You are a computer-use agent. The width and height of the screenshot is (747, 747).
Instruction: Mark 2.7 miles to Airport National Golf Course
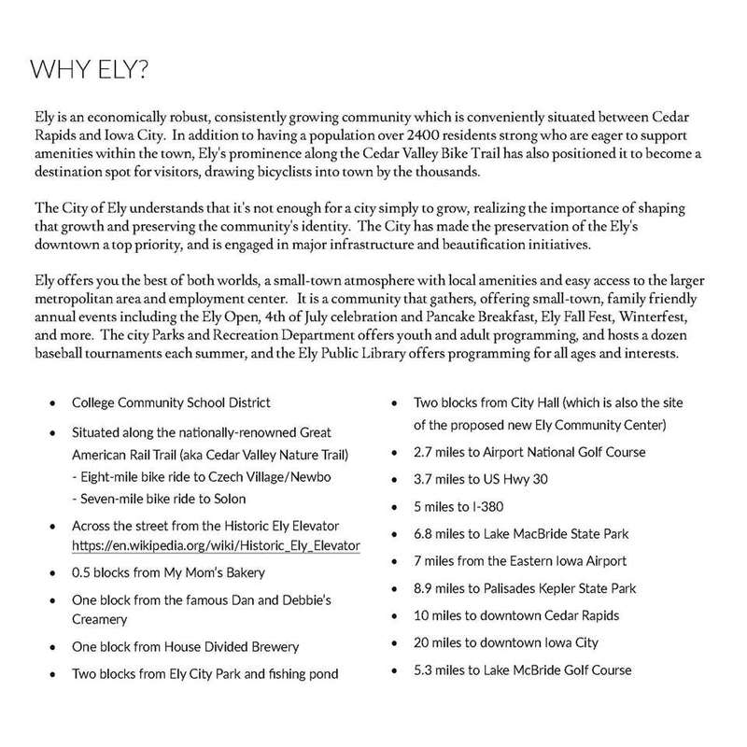click(x=529, y=452)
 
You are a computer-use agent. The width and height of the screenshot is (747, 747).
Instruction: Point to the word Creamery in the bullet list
click(x=99, y=618)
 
